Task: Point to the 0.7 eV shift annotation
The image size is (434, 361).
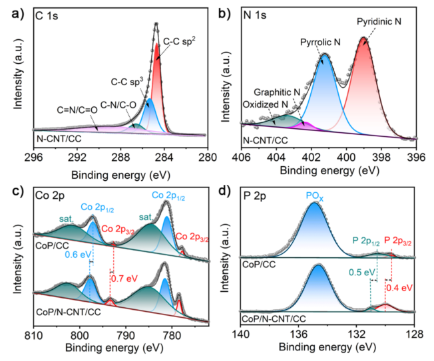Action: [x=132, y=271]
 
